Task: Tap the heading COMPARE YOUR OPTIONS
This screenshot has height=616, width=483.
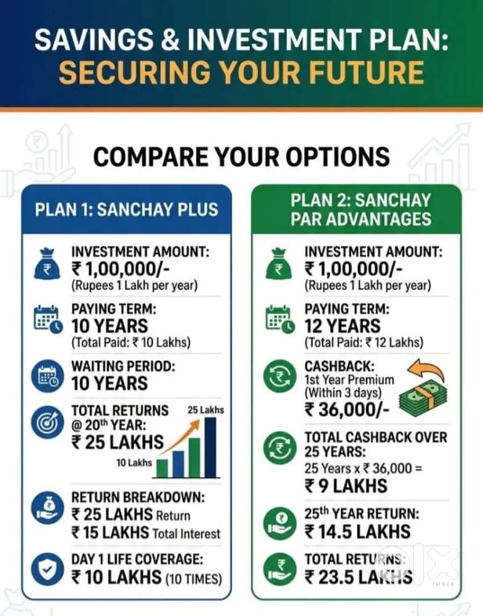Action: point(241,156)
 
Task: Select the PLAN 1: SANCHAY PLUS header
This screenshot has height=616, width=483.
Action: point(126,209)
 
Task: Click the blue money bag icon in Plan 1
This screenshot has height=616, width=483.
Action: point(47,264)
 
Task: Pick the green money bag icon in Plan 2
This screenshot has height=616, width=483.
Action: point(279,264)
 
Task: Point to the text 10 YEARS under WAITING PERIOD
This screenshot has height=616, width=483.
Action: point(110,383)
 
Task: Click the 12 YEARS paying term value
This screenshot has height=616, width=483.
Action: point(343,326)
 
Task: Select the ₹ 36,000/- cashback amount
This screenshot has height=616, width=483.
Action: point(347,410)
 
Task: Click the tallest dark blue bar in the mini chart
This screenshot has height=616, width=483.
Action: point(210,447)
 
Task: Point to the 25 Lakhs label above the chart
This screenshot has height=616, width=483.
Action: point(206,410)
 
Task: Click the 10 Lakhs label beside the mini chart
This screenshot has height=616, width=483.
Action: point(134,463)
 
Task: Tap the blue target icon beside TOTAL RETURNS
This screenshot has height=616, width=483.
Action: point(47,422)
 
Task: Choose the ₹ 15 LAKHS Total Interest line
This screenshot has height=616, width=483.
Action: point(146,533)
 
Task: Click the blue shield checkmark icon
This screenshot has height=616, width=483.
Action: point(47,569)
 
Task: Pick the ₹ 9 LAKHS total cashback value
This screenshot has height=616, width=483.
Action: point(346,486)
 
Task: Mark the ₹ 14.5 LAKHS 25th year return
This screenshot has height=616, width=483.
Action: point(357,532)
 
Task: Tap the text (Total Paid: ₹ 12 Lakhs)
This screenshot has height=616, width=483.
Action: point(364,342)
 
